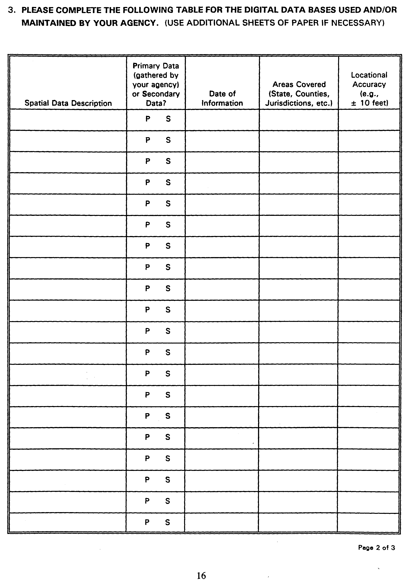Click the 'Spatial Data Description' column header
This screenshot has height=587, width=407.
[68, 103]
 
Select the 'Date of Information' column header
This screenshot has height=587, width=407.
[222, 98]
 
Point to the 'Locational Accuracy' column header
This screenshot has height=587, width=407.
[369, 80]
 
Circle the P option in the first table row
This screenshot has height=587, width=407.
[148, 119]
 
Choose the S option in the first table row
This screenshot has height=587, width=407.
[168, 119]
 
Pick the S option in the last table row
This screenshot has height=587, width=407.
[167, 522]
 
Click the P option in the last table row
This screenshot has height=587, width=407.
[147, 522]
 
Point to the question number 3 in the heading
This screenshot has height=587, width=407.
[11, 10]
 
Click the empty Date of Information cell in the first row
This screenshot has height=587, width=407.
[222, 120]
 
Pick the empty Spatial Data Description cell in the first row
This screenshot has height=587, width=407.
[68, 120]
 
